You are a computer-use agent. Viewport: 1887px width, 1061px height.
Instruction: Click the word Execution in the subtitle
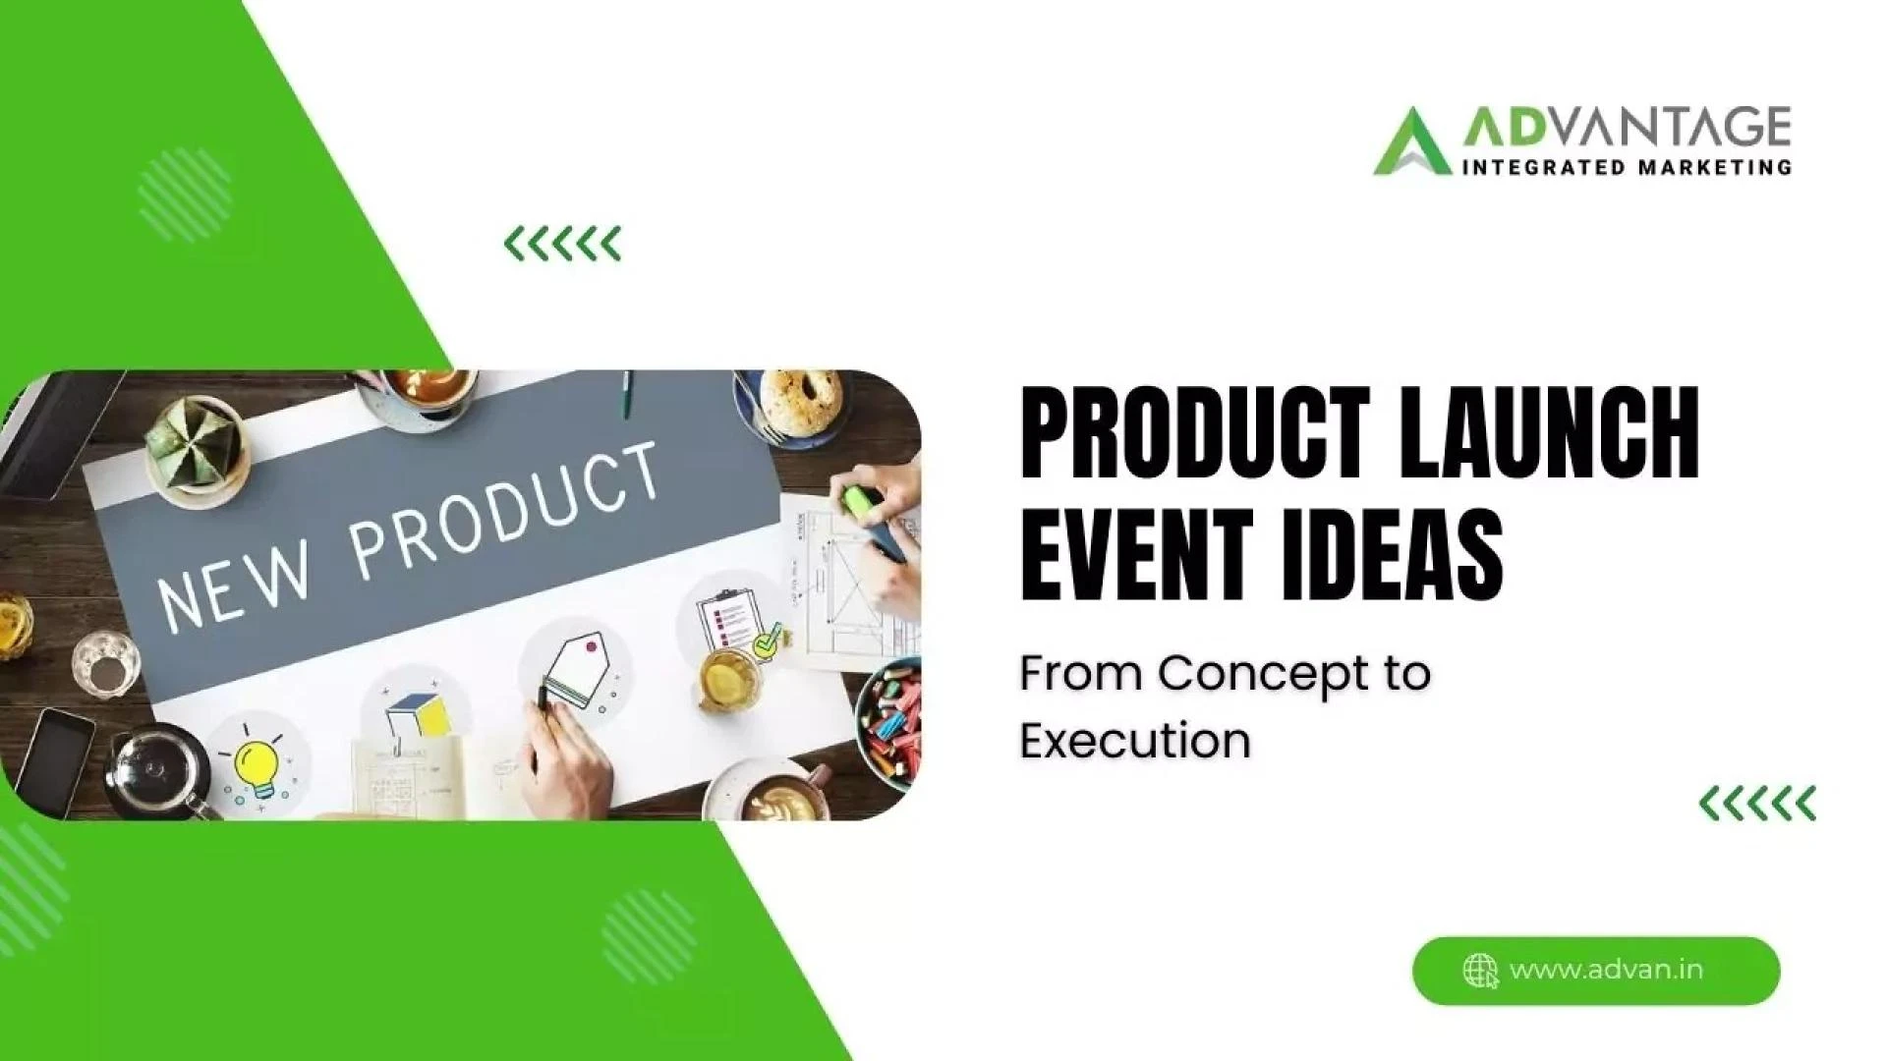point(1134,741)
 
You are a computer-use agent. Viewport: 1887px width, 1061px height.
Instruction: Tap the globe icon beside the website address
point(1480,971)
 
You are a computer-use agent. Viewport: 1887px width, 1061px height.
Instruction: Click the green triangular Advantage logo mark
point(1411,142)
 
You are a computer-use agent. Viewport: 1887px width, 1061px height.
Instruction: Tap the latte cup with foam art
point(776,795)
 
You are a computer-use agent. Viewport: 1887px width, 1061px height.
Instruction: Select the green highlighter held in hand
point(859,500)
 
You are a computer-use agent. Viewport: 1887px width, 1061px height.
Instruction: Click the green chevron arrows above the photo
point(562,243)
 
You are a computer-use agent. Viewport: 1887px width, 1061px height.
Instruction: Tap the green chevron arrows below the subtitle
point(1757,804)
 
